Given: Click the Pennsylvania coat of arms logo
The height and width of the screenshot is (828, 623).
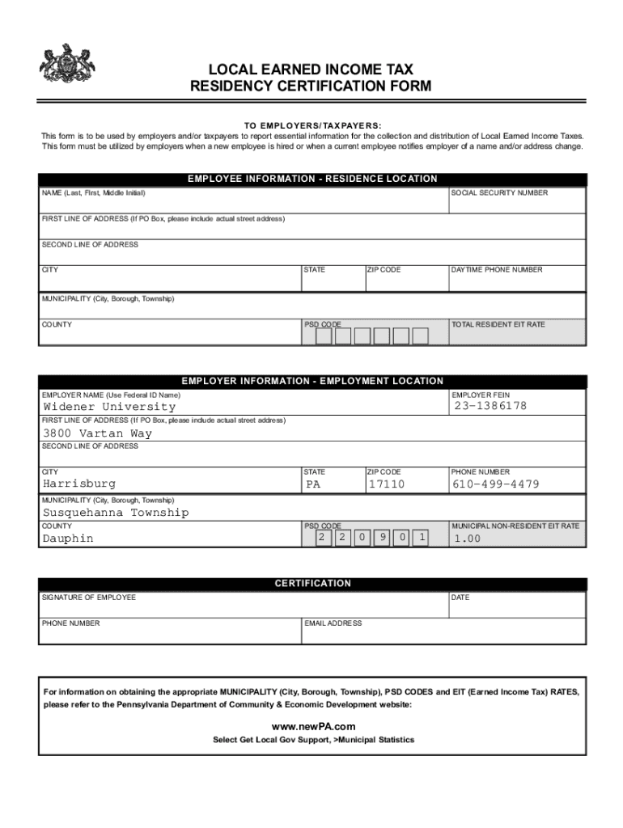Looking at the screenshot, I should [68, 64].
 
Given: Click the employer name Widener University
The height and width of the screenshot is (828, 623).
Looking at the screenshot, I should [108, 407].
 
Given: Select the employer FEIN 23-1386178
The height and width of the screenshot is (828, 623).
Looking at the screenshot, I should [490, 406].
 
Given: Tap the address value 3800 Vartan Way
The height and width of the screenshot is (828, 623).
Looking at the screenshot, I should [97, 433].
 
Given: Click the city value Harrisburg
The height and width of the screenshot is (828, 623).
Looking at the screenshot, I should [78, 484].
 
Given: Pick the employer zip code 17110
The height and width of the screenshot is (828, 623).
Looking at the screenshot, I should [386, 484].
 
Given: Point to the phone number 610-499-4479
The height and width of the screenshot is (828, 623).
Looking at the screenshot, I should [495, 484].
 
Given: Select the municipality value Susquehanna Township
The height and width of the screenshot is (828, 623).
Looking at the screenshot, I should [116, 513].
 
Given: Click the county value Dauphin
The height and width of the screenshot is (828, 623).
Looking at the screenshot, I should [68, 539].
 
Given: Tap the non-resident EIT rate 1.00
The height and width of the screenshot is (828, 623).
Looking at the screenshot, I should [467, 539].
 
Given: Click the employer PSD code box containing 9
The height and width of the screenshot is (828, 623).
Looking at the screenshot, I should [381, 538].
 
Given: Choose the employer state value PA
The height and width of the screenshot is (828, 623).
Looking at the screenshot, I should [313, 485].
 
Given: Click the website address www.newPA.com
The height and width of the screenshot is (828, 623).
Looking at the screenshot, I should [312, 726].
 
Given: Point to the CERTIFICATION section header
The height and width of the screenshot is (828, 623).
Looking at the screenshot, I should [312, 584].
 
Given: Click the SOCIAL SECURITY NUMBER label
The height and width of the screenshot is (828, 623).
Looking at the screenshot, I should [499, 193].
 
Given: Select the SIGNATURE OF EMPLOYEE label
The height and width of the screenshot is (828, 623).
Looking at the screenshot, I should [89, 598].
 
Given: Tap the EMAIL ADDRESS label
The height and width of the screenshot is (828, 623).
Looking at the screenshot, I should [333, 623].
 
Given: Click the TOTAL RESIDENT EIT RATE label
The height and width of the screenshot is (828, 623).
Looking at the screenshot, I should [498, 324].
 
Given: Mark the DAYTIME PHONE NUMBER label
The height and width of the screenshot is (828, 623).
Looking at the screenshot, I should [497, 270].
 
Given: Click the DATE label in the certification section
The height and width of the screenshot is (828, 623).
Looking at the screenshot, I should [460, 598].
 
